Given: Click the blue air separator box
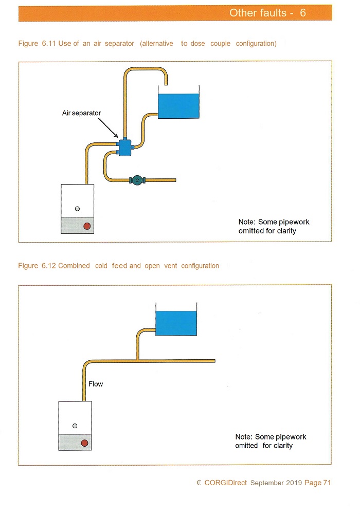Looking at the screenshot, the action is click(x=124, y=148).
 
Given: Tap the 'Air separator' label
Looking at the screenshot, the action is click(x=81, y=113).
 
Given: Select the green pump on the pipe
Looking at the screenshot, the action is click(x=137, y=180).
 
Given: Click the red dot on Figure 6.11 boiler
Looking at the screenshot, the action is click(x=87, y=226).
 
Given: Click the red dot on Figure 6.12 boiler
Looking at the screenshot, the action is click(x=84, y=443).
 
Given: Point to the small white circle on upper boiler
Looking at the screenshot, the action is click(x=77, y=209).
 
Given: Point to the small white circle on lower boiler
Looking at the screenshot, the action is click(x=75, y=426).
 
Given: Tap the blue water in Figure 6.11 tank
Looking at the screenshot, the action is click(x=178, y=106).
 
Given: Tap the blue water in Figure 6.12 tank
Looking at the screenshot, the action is click(x=176, y=323).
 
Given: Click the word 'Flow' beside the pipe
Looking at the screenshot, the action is click(x=96, y=384).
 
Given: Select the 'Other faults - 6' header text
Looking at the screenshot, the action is click(x=267, y=13).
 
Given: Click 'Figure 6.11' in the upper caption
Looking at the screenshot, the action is click(x=37, y=43).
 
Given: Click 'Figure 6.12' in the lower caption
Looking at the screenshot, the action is click(x=37, y=266).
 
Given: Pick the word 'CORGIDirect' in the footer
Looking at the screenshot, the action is click(x=226, y=483).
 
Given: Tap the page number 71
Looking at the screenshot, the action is click(x=327, y=483).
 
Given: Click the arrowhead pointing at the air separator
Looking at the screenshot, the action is click(x=116, y=135).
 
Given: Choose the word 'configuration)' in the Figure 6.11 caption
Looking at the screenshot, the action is click(x=256, y=44).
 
